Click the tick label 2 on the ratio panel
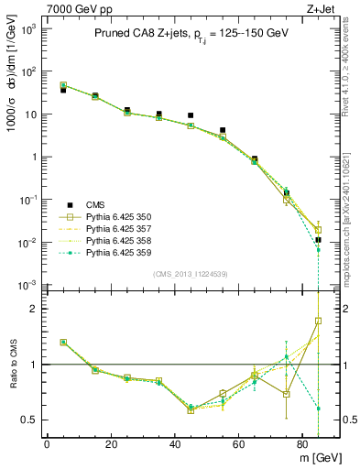(33, 309)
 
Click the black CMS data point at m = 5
(63, 90)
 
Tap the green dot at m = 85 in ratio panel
(318, 409)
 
